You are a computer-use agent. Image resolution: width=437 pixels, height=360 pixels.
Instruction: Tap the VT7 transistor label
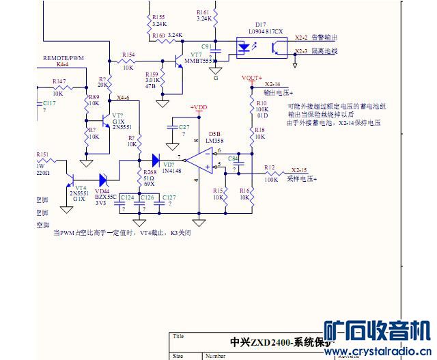[197, 54]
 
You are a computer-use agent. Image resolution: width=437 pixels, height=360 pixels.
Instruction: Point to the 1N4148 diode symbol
[156, 161]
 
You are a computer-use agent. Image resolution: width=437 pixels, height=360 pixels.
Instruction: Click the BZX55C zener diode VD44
[104, 180]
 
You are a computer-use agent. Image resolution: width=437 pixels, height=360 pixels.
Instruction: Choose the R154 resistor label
[128, 54]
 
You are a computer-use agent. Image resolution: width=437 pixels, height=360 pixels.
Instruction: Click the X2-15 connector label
[299, 169]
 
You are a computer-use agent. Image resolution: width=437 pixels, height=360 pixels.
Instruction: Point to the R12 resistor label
[269, 167]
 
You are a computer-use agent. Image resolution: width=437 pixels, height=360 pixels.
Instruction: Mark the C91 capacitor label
[207, 46]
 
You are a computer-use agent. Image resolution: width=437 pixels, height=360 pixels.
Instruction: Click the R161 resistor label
[203, 12]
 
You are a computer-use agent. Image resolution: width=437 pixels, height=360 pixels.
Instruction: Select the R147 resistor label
[59, 81]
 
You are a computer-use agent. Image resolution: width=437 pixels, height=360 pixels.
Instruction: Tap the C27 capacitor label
[184, 127]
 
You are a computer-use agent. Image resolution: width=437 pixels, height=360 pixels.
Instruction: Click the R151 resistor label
[42, 154]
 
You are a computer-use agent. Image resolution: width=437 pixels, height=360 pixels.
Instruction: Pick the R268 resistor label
[150, 172]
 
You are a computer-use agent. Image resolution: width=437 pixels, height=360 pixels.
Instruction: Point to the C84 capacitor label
[233, 158]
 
